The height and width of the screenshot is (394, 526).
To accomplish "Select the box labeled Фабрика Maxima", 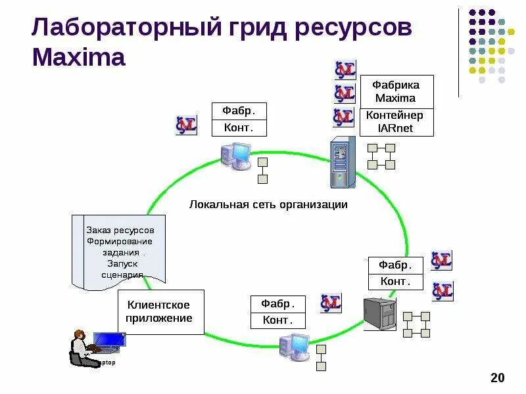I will pos(396,92).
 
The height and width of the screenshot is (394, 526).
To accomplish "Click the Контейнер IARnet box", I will pos(396,122).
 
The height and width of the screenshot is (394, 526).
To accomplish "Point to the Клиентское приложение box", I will pos(160,312).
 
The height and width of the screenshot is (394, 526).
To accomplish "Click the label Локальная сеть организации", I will pos(268,205).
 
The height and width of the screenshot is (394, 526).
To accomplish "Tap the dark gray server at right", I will pos(381,314).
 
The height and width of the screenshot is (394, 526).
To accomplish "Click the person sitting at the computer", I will pos(79,347).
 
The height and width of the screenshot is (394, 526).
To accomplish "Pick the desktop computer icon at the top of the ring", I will pos(235,156).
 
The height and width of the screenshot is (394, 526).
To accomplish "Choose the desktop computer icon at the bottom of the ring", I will pos(294,345).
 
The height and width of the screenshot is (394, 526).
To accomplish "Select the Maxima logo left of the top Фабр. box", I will pos(186,125).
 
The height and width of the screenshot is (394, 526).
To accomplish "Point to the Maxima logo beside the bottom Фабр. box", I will pos(331,303).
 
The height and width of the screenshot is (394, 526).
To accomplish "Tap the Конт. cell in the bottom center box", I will pos(278,320).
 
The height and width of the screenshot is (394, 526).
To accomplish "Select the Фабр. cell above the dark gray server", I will pos(395,265).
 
